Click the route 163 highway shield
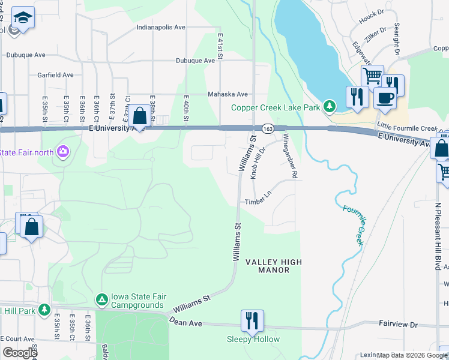(x=268, y=128)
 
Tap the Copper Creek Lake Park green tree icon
(x=329, y=107)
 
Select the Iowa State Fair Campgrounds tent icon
(x=102, y=299)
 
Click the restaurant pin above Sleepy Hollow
(x=252, y=320)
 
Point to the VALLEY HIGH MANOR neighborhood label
(x=273, y=266)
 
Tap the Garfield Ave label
(x=55, y=75)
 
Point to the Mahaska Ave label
(x=228, y=94)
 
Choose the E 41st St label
(x=220, y=46)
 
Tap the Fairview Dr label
(x=397, y=324)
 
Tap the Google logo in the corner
(x=20, y=353)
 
